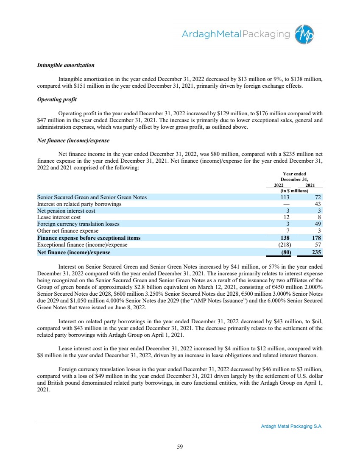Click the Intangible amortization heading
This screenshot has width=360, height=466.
(x=66, y=66)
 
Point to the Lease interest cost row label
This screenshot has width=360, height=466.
(x=59, y=217)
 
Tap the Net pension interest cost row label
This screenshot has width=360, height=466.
(x=66, y=211)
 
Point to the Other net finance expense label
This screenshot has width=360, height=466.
(x=68, y=231)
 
